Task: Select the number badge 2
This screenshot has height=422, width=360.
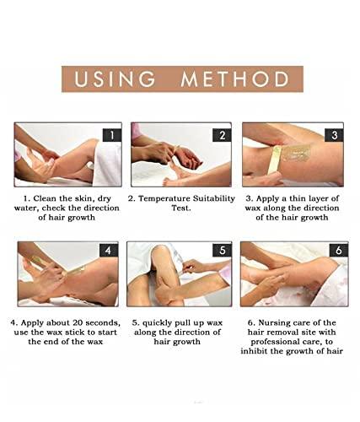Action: coord(222,134)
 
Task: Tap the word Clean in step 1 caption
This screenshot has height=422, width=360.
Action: coord(48,199)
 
